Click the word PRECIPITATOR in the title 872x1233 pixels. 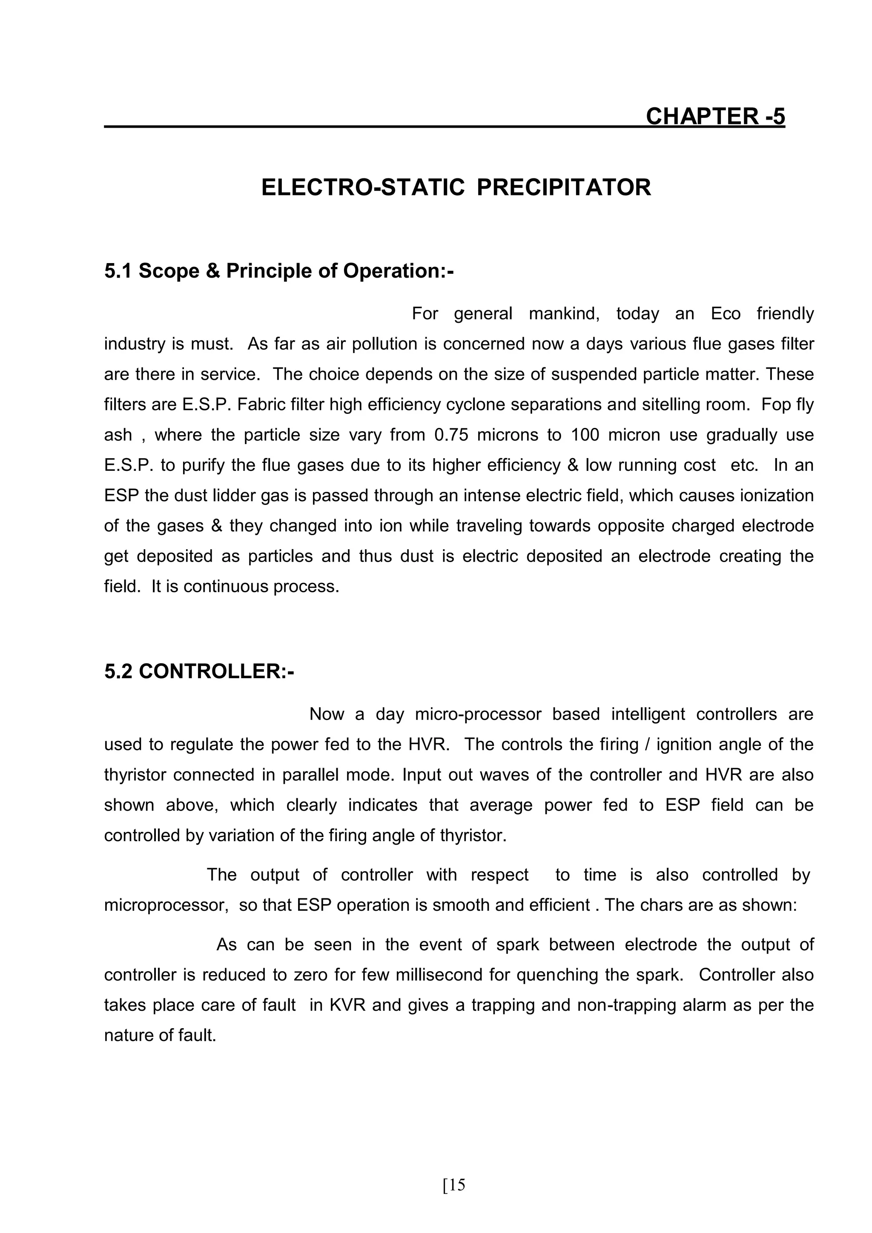click(x=564, y=187)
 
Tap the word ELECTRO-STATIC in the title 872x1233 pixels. click(x=363, y=187)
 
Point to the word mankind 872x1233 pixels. click(x=564, y=314)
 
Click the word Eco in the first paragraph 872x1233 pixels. click(x=726, y=314)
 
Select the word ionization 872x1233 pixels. click(x=777, y=495)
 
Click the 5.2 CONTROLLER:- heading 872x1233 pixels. click(x=199, y=672)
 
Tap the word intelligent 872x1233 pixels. click(x=648, y=714)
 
